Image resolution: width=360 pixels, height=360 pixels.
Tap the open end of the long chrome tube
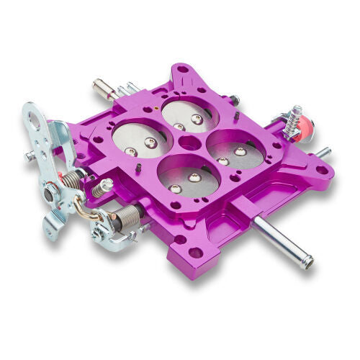309,263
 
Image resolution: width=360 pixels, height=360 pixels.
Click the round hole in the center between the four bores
189,142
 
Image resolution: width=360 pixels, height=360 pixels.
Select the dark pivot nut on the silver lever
50,193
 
